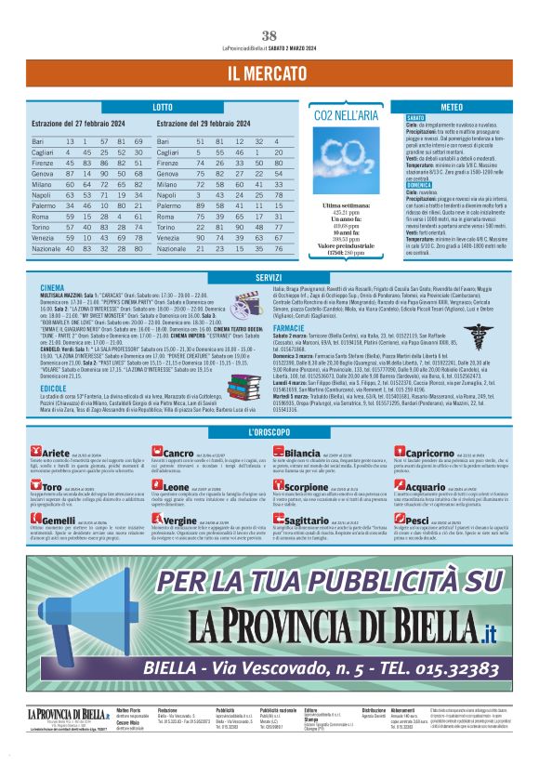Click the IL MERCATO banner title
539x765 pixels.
269,73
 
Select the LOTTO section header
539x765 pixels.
164,108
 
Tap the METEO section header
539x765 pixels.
453,108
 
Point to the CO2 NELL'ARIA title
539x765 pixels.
346,115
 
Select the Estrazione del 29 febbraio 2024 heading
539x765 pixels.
208,124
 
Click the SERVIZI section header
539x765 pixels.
269,278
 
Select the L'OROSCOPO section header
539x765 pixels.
269,432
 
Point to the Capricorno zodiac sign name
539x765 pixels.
430,452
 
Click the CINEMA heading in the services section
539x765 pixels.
53,288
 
